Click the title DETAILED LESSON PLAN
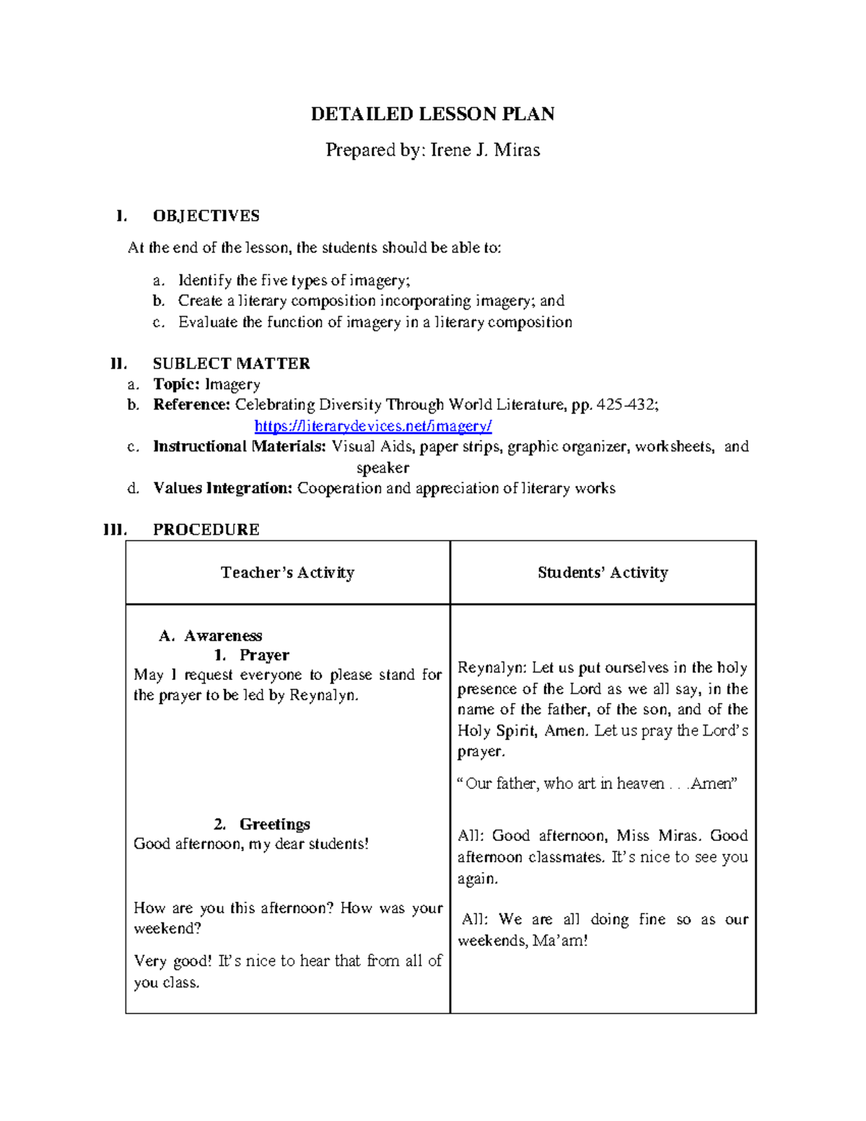(x=432, y=114)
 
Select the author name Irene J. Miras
(x=485, y=150)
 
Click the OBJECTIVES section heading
(x=206, y=216)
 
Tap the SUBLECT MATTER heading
(x=231, y=363)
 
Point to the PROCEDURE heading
(x=206, y=529)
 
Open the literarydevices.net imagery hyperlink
(x=373, y=426)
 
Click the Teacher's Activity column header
(x=287, y=572)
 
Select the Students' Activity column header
(x=603, y=572)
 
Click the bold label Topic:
(x=176, y=384)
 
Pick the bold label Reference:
(x=191, y=404)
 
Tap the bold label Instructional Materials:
(x=240, y=446)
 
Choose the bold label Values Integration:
(x=222, y=488)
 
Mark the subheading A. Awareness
(x=211, y=636)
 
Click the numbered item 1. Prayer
(x=252, y=655)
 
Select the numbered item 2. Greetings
(x=263, y=824)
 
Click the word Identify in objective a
(x=205, y=280)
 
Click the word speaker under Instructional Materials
(x=382, y=468)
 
